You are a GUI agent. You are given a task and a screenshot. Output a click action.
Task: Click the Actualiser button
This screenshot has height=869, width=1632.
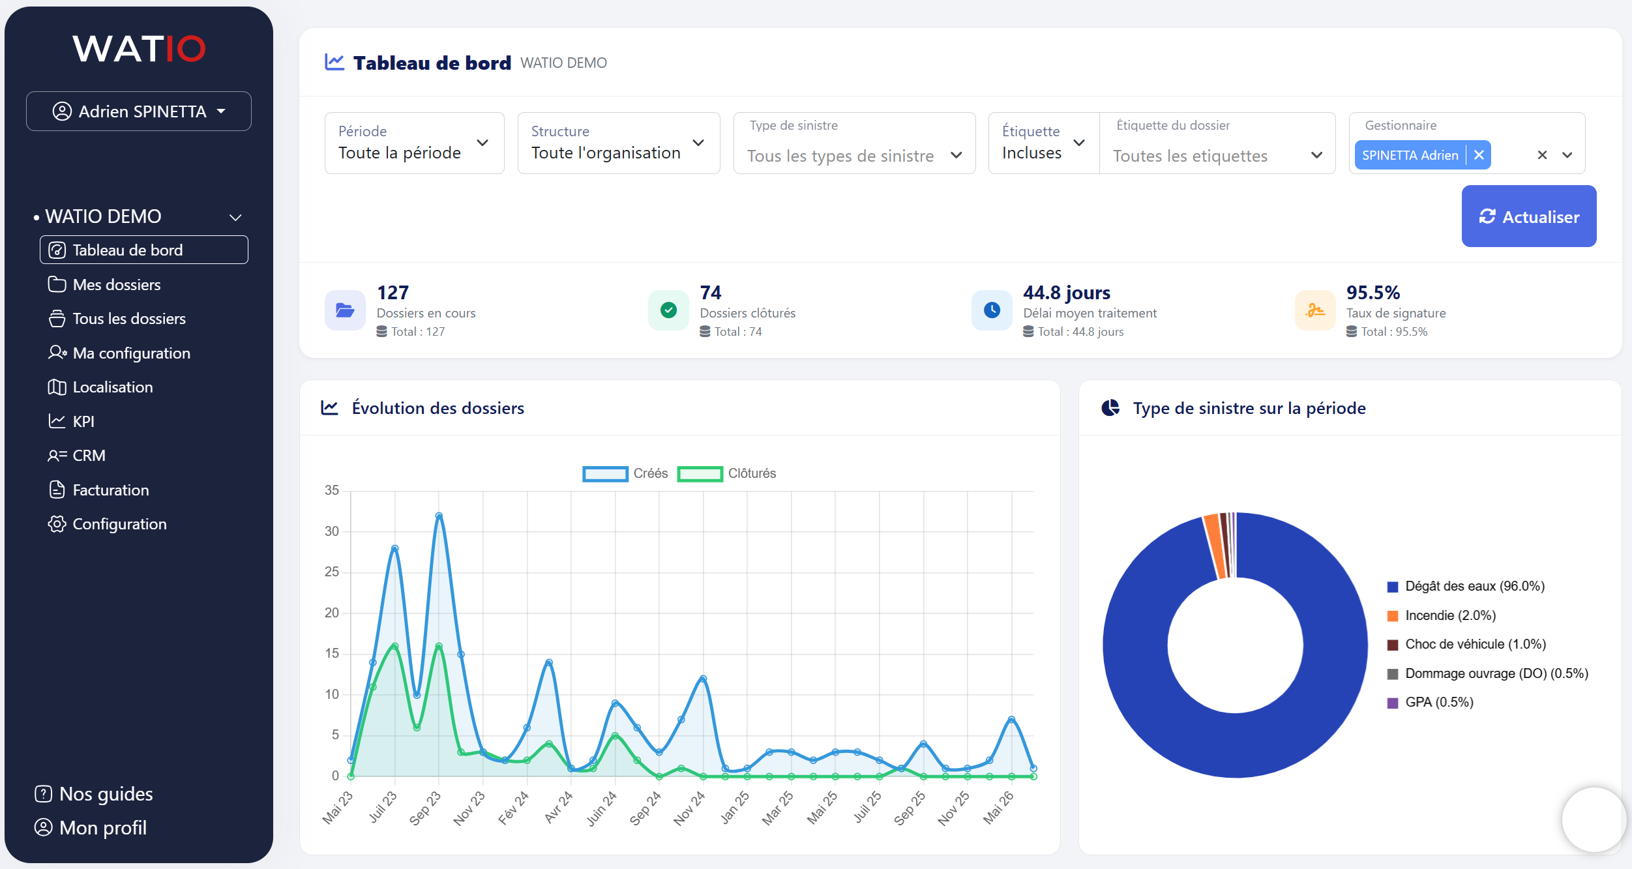[1528, 216]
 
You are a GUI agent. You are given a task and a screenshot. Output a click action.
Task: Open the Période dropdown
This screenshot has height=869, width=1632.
[414, 143]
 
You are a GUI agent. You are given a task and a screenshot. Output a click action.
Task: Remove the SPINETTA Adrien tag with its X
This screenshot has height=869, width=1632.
[1479, 155]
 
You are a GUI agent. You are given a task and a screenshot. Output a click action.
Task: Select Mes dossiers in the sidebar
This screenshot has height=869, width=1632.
[116, 285]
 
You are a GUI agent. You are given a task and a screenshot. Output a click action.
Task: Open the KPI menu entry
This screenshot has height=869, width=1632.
[83, 422]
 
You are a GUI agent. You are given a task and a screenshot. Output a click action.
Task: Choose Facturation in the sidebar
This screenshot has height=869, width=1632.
[111, 490]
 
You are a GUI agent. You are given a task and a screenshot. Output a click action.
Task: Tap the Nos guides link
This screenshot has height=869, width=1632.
[94, 794]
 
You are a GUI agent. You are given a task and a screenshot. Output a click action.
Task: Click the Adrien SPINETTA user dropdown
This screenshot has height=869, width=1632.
[139, 111]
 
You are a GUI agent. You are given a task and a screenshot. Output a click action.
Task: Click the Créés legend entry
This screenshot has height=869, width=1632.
[625, 473]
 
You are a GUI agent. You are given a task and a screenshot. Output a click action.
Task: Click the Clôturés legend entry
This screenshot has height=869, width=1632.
[727, 473]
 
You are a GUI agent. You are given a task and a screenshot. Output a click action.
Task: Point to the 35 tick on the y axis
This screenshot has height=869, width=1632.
[332, 490]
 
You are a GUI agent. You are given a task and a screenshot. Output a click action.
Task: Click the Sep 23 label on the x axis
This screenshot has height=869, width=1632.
[425, 808]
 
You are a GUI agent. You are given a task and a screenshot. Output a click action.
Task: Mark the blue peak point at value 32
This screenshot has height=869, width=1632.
[439, 516]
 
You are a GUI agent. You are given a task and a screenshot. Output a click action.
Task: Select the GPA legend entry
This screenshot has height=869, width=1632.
[1431, 702]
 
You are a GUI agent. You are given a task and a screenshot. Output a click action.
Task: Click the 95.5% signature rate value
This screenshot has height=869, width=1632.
[1373, 293]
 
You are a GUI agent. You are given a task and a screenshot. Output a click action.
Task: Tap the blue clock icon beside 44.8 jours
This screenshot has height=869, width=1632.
[992, 310]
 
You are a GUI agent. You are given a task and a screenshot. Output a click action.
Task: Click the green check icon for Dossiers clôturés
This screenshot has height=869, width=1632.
[668, 310]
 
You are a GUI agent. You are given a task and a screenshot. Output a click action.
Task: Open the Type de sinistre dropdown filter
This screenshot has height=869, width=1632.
[854, 143]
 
